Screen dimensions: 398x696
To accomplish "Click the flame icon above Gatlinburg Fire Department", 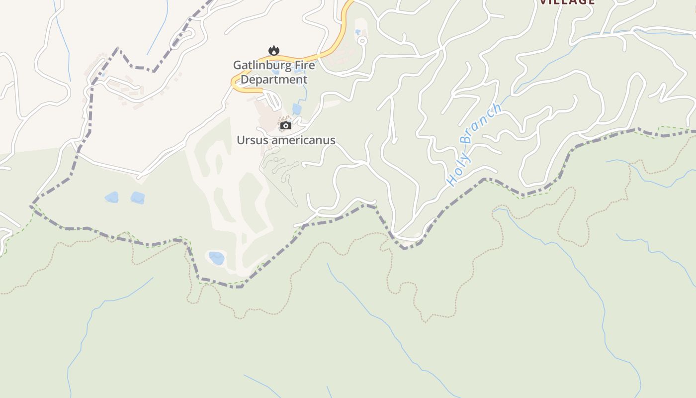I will (x=273, y=50).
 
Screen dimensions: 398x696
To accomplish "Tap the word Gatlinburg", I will (x=259, y=65).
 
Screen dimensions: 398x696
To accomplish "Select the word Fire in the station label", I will (x=301, y=65).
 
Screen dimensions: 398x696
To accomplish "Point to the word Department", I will (x=274, y=80).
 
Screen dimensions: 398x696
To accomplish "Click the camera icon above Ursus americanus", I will (x=285, y=125).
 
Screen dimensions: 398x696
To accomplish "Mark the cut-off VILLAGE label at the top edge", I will (x=567, y=2).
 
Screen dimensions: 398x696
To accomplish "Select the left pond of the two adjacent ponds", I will (x=112, y=197).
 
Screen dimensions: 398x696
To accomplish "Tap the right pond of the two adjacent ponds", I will (x=138, y=198).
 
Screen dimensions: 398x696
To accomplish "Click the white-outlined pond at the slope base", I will (x=216, y=258).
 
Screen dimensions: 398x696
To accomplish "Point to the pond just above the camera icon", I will (x=297, y=109).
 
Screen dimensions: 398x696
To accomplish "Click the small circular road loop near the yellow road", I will (x=362, y=41).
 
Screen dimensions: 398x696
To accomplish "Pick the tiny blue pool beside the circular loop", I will (x=357, y=32).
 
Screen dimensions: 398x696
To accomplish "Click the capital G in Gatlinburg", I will (x=237, y=65).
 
